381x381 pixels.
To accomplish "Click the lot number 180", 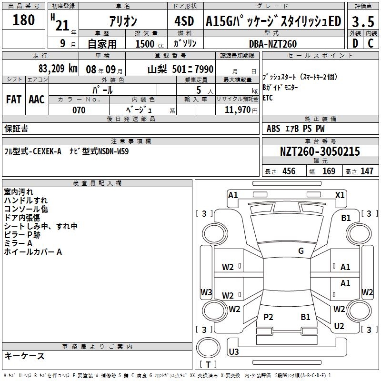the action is pyautogui.click(x=24, y=20).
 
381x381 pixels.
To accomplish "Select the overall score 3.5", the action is pyautogui.click(x=362, y=22).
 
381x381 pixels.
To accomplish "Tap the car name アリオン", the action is pyautogui.click(x=123, y=21).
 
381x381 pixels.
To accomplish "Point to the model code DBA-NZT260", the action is pyautogui.click(x=272, y=44).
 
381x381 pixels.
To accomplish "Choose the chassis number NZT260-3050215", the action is pyautogui.click(x=320, y=151).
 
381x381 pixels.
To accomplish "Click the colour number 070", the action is pyautogui.click(x=79, y=110).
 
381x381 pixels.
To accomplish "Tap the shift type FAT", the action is pyautogui.click(x=14, y=100).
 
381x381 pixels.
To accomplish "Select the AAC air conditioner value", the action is pyautogui.click(x=37, y=100).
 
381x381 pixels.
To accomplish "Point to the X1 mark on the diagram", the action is pyautogui.click(x=340, y=195).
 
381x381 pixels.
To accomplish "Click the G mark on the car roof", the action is pyautogui.click(x=301, y=251).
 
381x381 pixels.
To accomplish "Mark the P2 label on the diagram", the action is pyautogui.click(x=269, y=317).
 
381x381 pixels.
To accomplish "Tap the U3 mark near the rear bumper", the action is pyautogui.click(x=234, y=351).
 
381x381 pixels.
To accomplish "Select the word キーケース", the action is pyautogui.click(x=24, y=356).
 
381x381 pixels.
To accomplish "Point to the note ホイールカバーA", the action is pyautogui.click(x=33, y=252).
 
